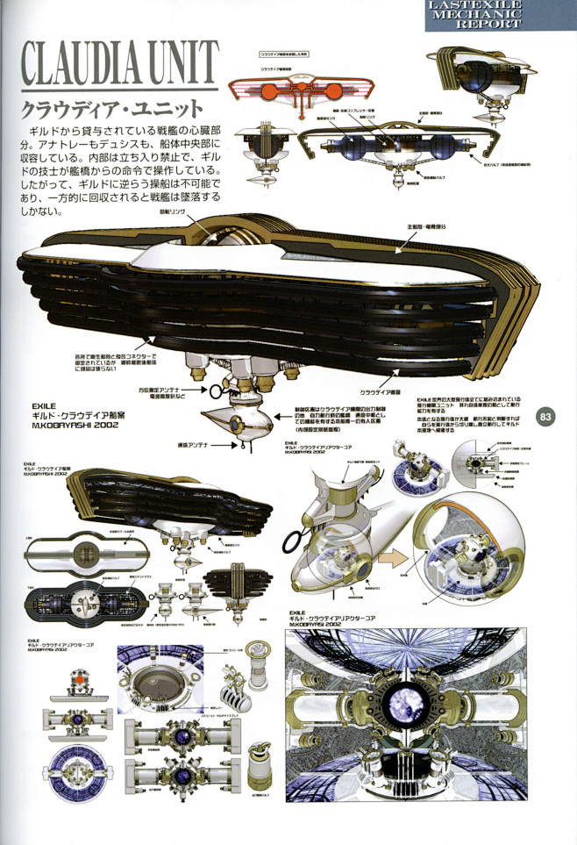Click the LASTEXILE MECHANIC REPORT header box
pyautogui.click(x=501, y=15)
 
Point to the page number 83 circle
pyautogui.click(x=545, y=416)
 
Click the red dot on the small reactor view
pyautogui.click(x=79, y=680)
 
